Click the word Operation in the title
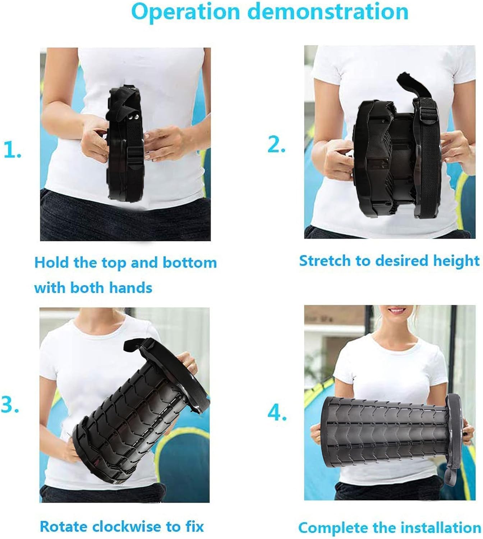(187, 11)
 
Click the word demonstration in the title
(328, 11)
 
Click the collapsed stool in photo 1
(126, 144)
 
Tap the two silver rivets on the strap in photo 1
(135, 118)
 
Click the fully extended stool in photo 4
(388, 431)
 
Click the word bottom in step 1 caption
(190, 263)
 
